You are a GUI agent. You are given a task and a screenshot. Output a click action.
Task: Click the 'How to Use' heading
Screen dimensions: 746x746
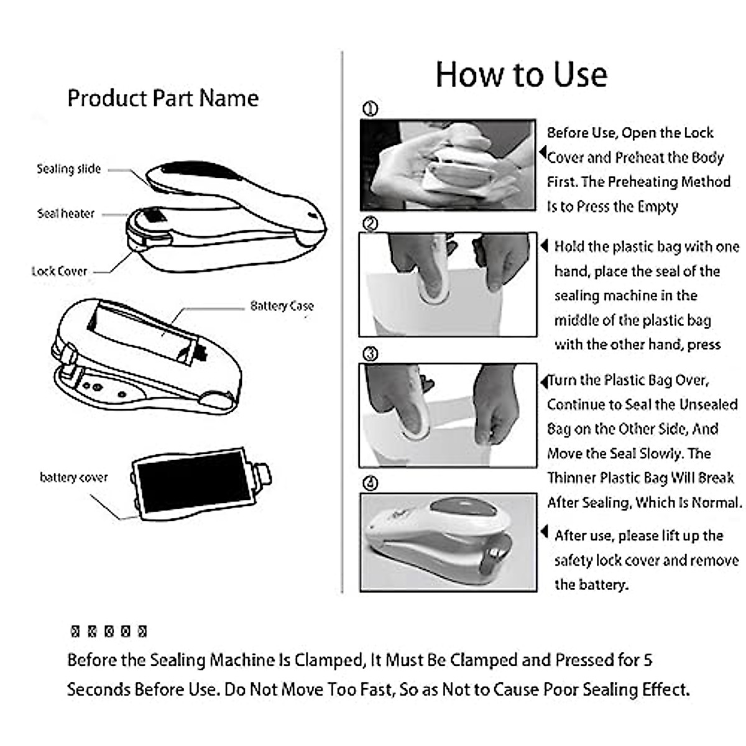pyautogui.click(x=521, y=75)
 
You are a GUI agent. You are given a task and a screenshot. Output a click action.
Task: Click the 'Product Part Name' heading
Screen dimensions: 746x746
pyautogui.click(x=163, y=98)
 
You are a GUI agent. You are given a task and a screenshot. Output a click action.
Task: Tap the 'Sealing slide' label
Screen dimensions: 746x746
pyautogui.click(x=68, y=168)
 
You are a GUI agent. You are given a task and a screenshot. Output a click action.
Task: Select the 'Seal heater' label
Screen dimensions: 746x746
pyautogui.click(x=66, y=213)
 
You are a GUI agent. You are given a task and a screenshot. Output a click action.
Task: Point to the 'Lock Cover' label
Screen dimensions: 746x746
pyautogui.click(x=60, y=271)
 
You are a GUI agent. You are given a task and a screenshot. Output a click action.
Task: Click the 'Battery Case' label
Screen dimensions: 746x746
pyautogui.click(x=282, y=306)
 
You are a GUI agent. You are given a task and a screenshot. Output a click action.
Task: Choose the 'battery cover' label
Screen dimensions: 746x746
pyautogui.click(x=73, y=477)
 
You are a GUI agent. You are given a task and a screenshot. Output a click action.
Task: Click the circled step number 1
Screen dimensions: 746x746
pyautogui.click(x=370, y=109)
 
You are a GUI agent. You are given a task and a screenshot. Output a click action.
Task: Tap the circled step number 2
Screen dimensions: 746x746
pyautogui.click(x=370, y=224)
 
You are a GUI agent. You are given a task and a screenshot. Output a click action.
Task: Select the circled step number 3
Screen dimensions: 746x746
pyautogui.click(x=370, y=354)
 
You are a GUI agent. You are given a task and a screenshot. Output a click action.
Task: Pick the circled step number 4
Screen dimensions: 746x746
pyautogui.click(x=370, y=483)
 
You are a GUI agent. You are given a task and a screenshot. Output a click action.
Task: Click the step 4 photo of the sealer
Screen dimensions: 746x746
pyautogui.click(x=448, y=541)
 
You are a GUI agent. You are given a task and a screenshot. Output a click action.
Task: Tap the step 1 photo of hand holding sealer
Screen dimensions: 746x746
pyautogui.click(x=448, y=165)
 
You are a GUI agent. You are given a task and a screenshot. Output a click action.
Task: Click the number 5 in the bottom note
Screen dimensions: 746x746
pyautogui.click(x=648, y=660)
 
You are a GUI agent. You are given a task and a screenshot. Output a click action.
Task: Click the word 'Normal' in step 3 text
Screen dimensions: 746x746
pyautogui.click(x=719, y=502)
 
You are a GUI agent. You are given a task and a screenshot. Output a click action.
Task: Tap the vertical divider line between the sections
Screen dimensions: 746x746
pyautogui.click(x=343, y=323)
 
